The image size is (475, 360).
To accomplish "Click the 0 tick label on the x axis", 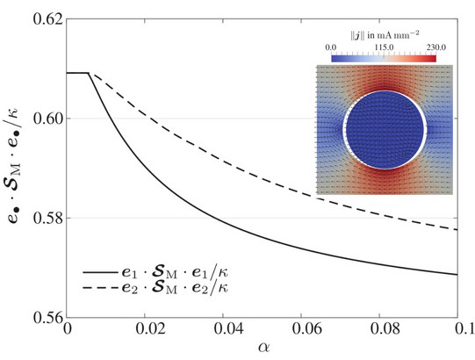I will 68,331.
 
